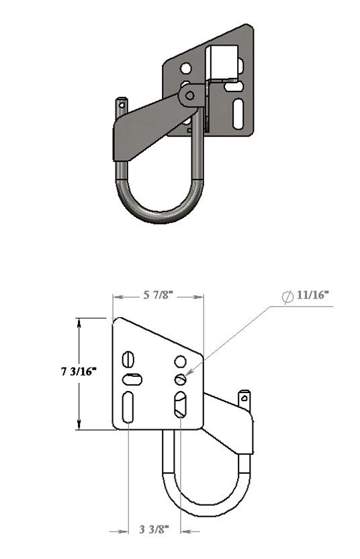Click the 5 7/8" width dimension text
point(158,295)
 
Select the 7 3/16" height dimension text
point(79,372)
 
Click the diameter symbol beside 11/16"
point(287,296)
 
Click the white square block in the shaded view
point(222,62)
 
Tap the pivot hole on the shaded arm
point(190,95)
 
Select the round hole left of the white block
point(185,68)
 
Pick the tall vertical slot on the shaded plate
point(238,114)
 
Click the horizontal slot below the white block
point(234,86)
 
